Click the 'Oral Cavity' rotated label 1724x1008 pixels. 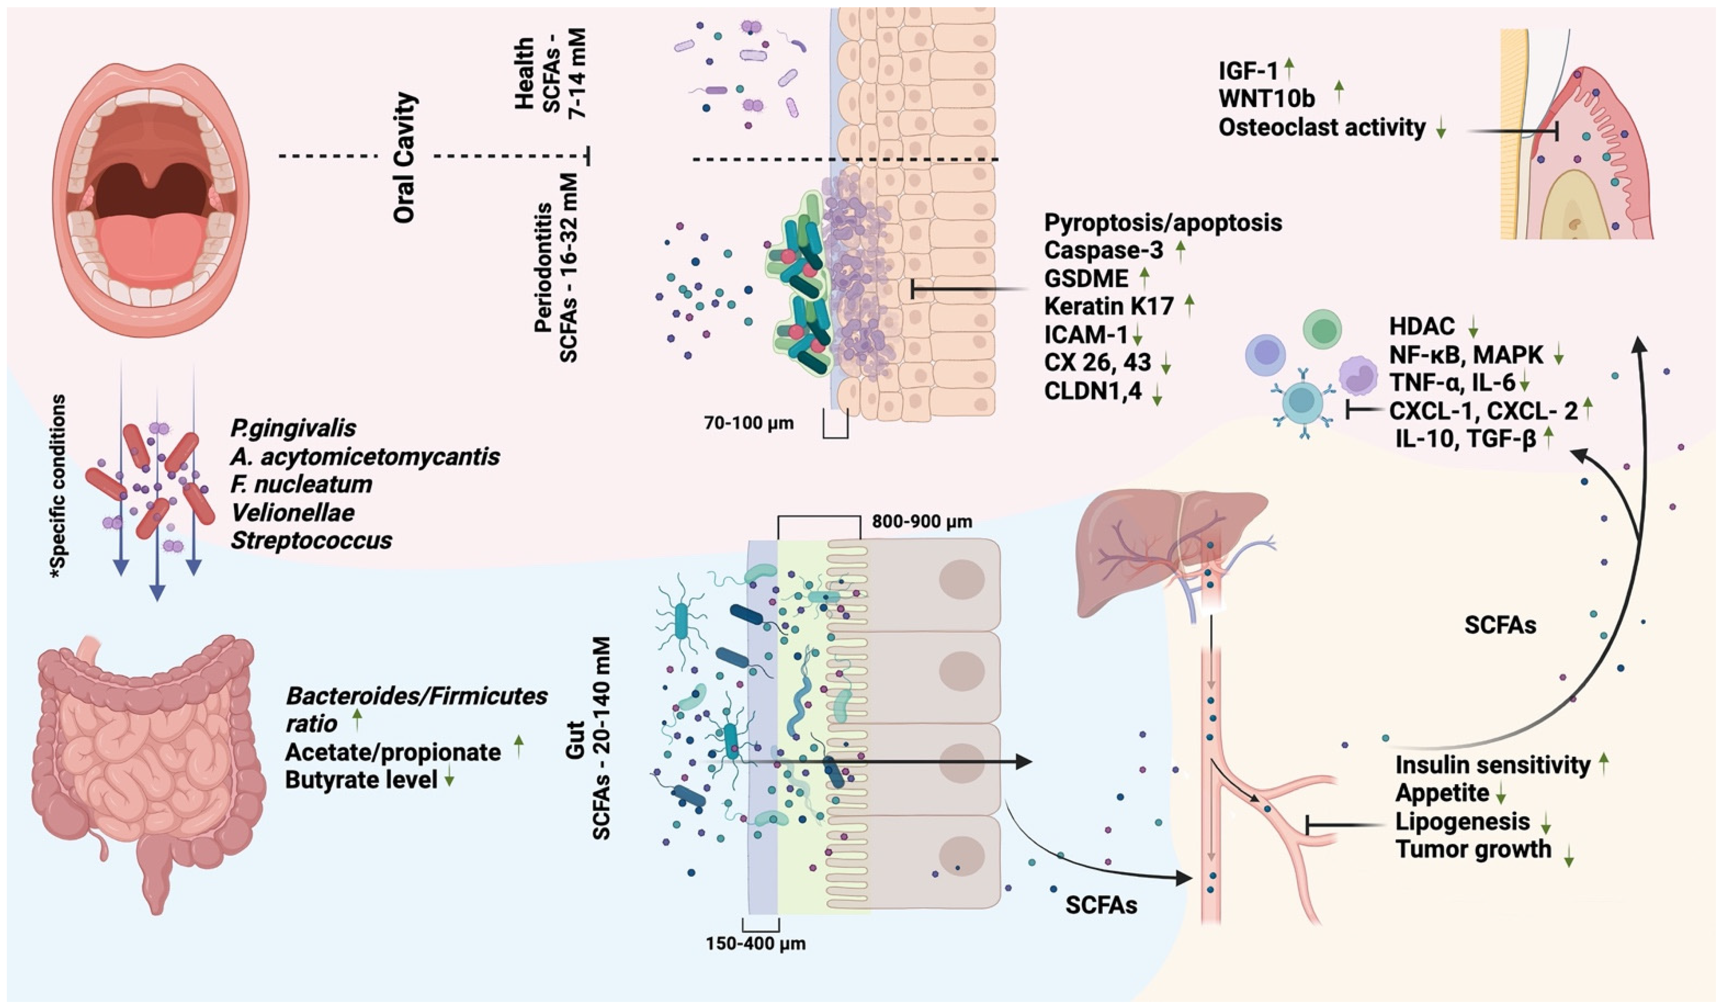point(405,157)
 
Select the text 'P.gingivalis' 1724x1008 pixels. point(293,428)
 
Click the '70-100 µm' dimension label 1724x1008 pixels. point(749,423)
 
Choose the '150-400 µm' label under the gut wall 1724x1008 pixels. point(755,944)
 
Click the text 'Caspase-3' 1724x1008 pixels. point(1103,251)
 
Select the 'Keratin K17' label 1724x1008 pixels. point(1108,306)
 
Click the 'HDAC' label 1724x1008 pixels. point(1421,327)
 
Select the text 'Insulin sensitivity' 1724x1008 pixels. point(1493,764)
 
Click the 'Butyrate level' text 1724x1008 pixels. point(361,780)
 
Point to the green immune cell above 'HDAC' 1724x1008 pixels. point(1322,329)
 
